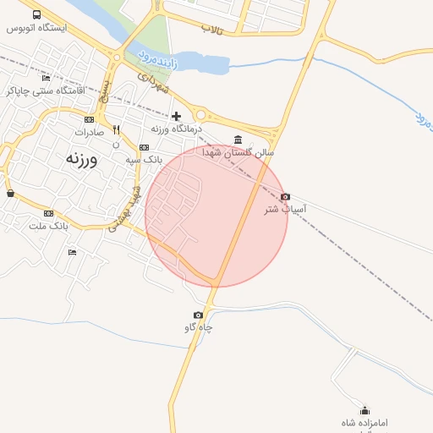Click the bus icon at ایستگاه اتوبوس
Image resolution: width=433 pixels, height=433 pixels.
(37, 14)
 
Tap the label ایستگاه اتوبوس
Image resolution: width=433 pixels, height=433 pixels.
(37, 28)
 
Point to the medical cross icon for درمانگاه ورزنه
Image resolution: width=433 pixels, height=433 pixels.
(176, 116)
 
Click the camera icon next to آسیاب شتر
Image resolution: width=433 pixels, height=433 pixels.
(285, 196)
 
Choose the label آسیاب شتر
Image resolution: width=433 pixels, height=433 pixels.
(286, 209)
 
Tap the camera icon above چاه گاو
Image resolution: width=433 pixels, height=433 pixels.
(198, 315)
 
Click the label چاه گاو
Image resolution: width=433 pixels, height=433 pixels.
(198, 328)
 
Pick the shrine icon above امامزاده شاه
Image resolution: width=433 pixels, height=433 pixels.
(364, 410)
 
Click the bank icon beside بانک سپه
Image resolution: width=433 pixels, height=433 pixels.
(143, 146)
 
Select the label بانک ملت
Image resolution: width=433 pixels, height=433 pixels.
(48, 226)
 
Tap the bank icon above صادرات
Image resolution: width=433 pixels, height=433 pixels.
(89, 119)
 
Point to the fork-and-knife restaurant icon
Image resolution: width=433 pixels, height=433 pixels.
(116, 130)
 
